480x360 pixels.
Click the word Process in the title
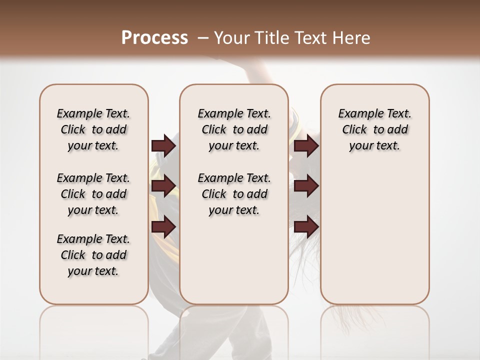coord(154,37)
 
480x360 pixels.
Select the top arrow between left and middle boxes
coord(163,146)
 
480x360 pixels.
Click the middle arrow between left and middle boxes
coord(163,186)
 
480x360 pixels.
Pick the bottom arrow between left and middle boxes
coord(163,227)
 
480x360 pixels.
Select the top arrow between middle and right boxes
coord(306,146)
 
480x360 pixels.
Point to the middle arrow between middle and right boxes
coord(306,186)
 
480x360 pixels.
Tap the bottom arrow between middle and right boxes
coord(306,227)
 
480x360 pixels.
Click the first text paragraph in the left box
coord(93,129)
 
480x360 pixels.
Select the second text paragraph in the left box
coord(93,194)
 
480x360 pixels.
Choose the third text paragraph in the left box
coord(93,255)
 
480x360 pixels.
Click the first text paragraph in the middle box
coord(234,129)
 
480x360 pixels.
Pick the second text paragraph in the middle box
coord(234,194)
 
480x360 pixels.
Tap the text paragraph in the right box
coord(374,129)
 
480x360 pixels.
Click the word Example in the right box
coord(358,114)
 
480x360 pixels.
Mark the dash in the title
coord(203,37)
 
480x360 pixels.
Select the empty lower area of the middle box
coord(234,260)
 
